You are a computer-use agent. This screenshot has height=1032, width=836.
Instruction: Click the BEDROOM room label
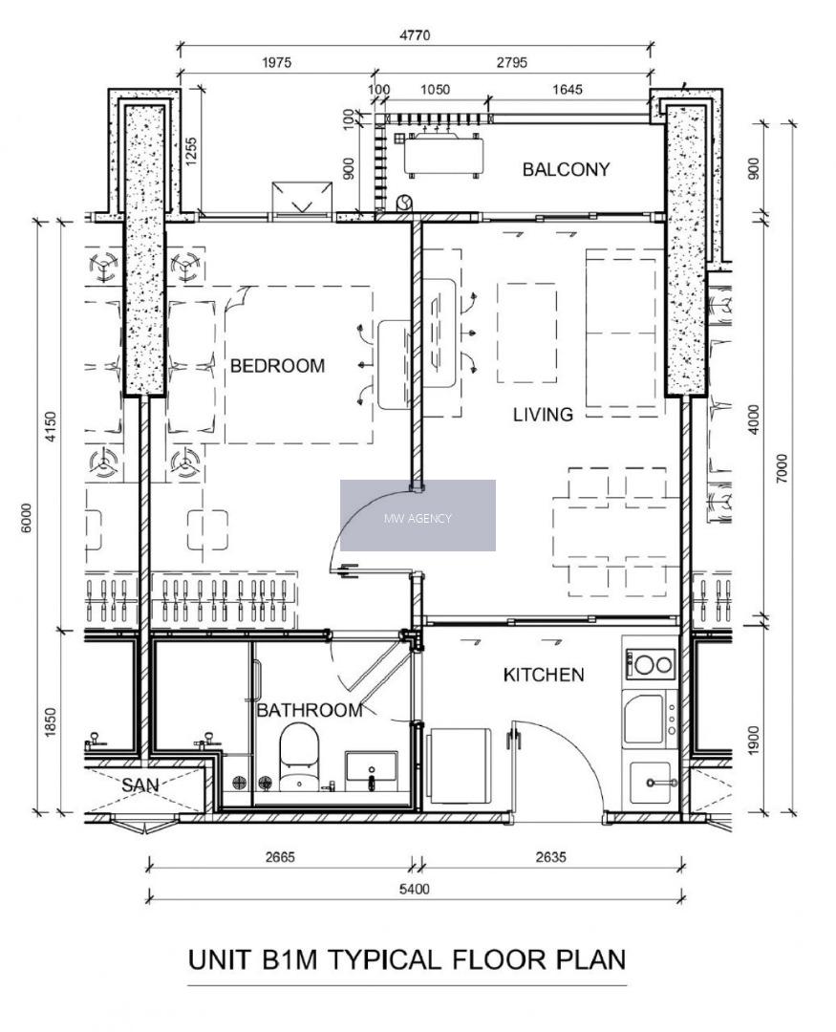tap(277, 366)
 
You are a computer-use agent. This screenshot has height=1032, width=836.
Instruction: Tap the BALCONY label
tap(567, 170)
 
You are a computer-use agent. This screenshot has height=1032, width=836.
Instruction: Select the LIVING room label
tap(543, 415)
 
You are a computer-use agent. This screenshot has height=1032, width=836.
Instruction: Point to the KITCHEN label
tap(544, 675)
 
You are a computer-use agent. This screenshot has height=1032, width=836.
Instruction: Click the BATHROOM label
tap(310, 710)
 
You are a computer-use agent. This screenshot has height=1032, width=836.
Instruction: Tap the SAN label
tap(140, 785)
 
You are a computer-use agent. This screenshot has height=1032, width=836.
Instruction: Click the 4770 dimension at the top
tap(415, 34)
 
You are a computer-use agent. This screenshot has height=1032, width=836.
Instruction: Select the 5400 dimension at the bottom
tap(415, 890)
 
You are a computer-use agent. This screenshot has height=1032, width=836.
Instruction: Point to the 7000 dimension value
tap(782, 468)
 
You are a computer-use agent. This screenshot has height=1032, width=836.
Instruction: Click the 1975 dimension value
tap(276, 62)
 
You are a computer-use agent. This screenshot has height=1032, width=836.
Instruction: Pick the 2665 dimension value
tap(281, 857)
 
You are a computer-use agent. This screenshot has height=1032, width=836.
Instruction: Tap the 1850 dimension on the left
tap(51, 722)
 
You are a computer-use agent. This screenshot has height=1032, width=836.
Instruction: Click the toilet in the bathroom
tap(299, 757)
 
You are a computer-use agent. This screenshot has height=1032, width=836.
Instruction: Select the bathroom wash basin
tap(372, 769)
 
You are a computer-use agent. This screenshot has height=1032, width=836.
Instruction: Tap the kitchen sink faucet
tap(660, 783)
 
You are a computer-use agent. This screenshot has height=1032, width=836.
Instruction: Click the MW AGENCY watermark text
tap(418, 519)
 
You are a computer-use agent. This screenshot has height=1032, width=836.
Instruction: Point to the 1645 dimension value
tap(568, 90)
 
